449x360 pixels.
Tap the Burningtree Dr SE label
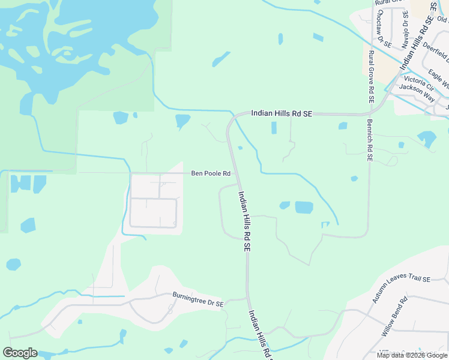click(197, 300)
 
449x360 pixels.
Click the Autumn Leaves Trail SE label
click(402, 288)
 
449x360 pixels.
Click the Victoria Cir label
click(418, 79)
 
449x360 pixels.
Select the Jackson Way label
click(416, 88)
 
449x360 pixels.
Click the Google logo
click(20, 353)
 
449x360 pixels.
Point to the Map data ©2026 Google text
click(412, 355)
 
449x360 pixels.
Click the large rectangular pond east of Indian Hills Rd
click(304, 208)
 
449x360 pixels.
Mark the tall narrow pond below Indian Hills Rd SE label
click(274, 128)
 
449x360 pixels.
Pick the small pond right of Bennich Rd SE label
click(401, 145)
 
